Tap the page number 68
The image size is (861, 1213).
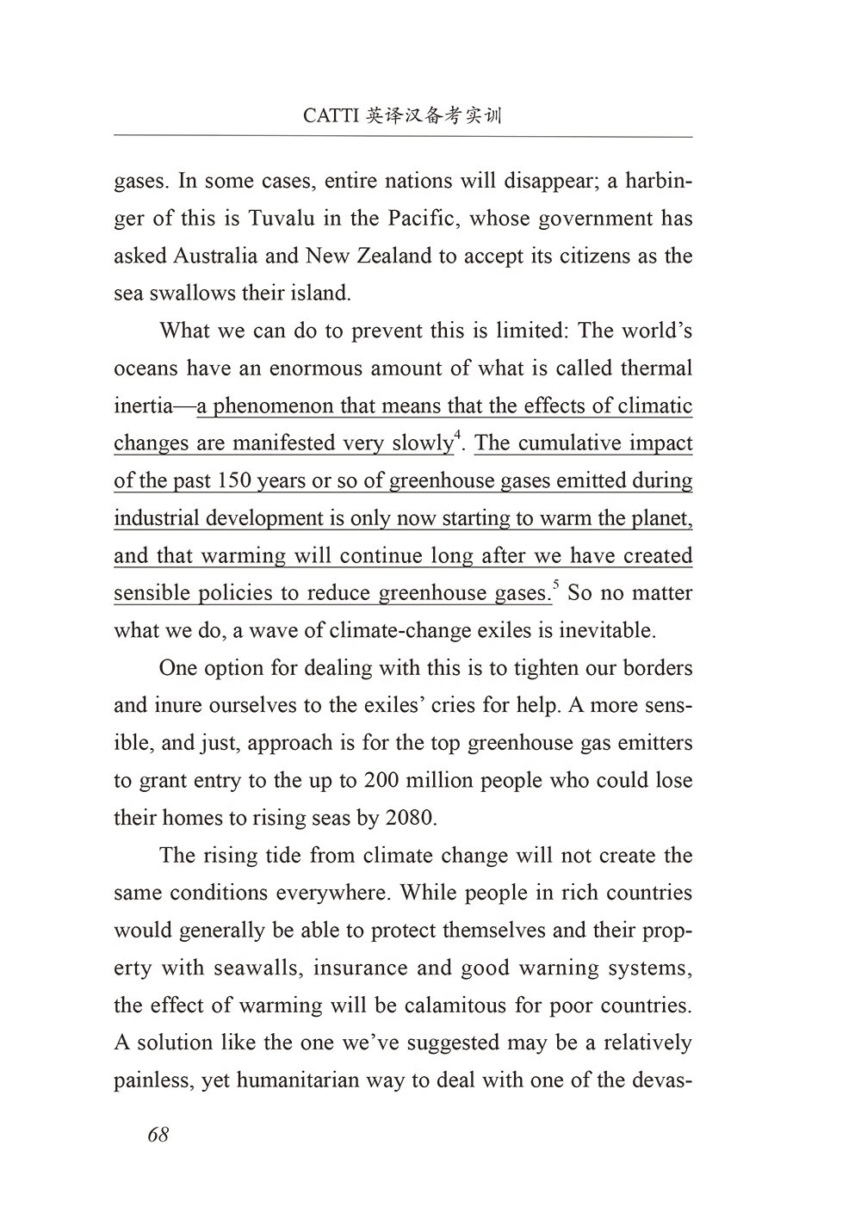158,1135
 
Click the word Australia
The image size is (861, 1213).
214,256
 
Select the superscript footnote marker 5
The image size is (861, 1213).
555,586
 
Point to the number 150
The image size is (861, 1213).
234,480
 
